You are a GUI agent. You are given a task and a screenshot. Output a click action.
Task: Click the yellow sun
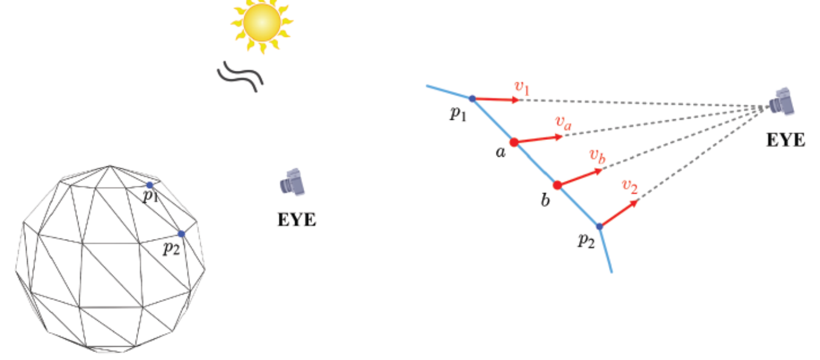click(262, 23)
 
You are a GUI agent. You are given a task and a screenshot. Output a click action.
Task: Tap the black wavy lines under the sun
click(240, 75)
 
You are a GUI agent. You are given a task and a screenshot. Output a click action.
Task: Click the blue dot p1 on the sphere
click(149, 185)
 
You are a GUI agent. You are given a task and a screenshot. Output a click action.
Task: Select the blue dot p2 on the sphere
click(181, 234)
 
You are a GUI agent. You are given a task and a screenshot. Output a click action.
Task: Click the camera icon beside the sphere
click(293, 182)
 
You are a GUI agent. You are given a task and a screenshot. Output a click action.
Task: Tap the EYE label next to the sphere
click(296, 219)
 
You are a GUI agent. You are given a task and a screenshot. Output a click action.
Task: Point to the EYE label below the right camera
click(786, 141)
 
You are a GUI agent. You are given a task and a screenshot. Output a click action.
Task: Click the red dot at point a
click(513, 142)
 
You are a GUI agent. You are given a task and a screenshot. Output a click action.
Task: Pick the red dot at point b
click(558, 185)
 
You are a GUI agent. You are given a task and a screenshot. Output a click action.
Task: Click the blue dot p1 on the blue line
click(472, 98)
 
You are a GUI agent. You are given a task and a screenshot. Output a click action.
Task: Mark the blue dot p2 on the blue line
click(599, 226)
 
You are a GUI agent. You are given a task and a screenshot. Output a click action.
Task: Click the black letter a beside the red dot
click(500, 152)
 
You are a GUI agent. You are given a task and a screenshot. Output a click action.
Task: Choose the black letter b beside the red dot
click(545, 200)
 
